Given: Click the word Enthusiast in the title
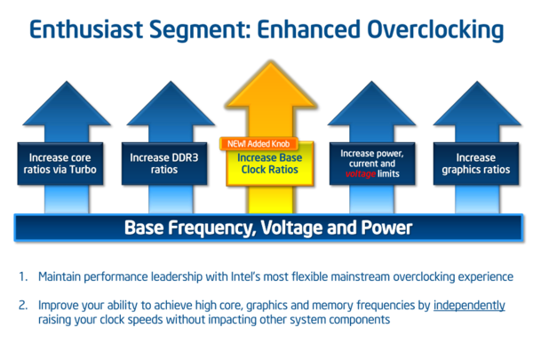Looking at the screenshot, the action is pyautogui.click(x=86, y=29).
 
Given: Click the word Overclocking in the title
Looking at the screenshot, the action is pyautogui.click(x=435, y=30).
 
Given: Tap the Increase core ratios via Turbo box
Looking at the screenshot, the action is pyautogui.click(x=60, y=164).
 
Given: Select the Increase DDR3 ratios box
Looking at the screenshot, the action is pyautogui.click(x=164, y=164).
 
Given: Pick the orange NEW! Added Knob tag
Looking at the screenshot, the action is pyautogui.click(x=259, y=144).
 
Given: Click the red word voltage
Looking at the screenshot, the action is pyautogui.click(x=361, y=174).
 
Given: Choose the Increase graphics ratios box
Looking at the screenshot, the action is pyautogui.click(x=476, y=164).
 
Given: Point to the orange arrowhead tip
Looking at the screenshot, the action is pyautogui.click(x=271, y=61).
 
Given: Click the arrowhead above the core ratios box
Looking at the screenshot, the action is pyautogui.click(x=67, y=104).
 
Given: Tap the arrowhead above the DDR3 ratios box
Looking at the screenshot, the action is pyautogui.click(x=171, y=104).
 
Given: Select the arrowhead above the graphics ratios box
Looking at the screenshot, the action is pyautogui.click(x=477, y=104).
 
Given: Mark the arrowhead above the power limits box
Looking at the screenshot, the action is pyautogui.click(x=371, y=104).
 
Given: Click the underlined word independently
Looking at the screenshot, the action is pyautogui.click(x=469, y=306).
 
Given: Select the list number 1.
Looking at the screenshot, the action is pyautogui.click(x=23, y=276).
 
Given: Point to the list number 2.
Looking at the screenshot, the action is pyautogui.click(x=23, y=305).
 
